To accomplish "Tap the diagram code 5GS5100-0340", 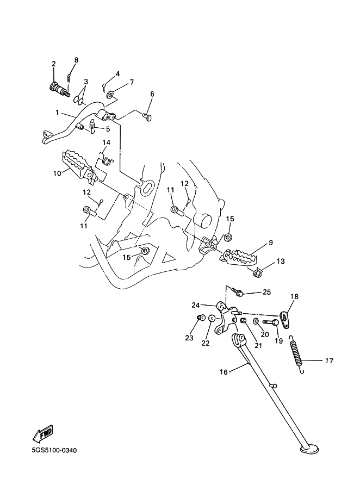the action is pyautogui.click(x=54, y=450).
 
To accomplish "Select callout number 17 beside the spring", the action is pyautogui.click(x=329, y=361).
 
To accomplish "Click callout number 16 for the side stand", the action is pyautogui.click(x=224, y=372).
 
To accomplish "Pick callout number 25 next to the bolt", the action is pyautogui.click(x=267, y=292).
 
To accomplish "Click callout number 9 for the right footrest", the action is pyautogui.click(x=271, y=243).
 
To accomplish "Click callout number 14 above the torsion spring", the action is pyautogui.click(x=107, y=142).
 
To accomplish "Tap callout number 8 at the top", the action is pyautogui.click(x=76, y=60).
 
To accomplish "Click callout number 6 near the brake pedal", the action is pyautogui.click(x=152, y=94).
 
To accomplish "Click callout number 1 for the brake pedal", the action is pyautogui.click(x=57, y=112).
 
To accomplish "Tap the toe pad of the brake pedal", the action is pyautogui.click(x=46, y=136).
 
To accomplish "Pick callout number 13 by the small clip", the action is pyautogui.click(x=281, y=262).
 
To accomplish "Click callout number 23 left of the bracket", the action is pyautogui.click(x=189, y=338).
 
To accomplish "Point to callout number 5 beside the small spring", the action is pyautogui.click(x=108, y=129).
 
